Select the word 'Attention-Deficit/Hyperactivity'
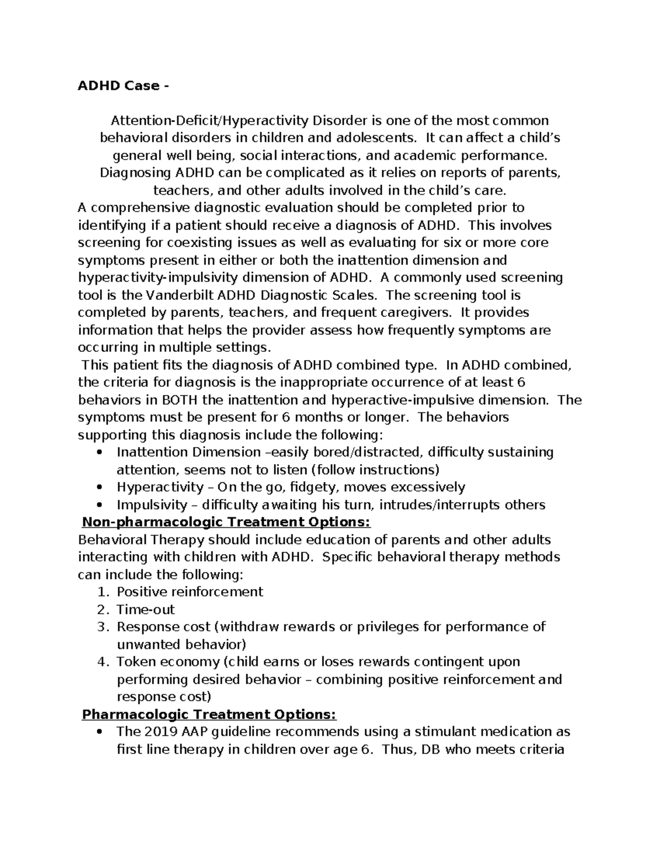point(211,120)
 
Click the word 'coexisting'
point(205,243)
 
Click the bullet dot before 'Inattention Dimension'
point(99,453)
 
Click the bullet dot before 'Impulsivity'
point(99,505)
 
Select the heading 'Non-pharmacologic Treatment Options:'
point(226,522)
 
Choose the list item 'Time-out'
point(146,609)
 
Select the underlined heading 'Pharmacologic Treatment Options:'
point(208,714)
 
